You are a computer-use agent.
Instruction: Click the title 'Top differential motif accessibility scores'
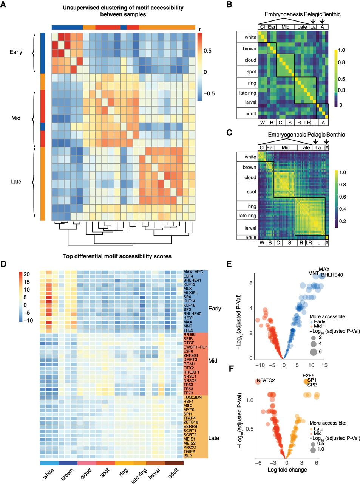click(x=117, y=256)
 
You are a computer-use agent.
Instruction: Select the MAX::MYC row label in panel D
click(x=193, y=272)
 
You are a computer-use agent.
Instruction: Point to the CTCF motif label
click(x=189, y=343)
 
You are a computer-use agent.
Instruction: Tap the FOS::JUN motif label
click(x=192, y=397)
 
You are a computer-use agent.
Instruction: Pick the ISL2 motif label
click(x=188, y=456)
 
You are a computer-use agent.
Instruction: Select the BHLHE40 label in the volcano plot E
click(x=332, y=275)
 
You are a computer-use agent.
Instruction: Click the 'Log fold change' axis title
click(x=287, y=470)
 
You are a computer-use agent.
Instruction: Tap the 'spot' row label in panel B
click(x=252, y=71)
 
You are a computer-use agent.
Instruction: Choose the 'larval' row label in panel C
click(x=250, y=228)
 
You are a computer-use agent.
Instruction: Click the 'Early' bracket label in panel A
click(x=16, y=52)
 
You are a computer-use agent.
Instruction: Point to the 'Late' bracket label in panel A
click(x=16, y=181)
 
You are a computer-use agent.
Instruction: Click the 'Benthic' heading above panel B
click(x=331, y=14)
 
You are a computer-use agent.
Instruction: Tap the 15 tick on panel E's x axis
click(x=324, y=365)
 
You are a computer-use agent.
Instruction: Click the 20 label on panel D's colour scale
click(x=27, y=275)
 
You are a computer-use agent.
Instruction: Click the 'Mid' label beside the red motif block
click(x=213, y=361)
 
